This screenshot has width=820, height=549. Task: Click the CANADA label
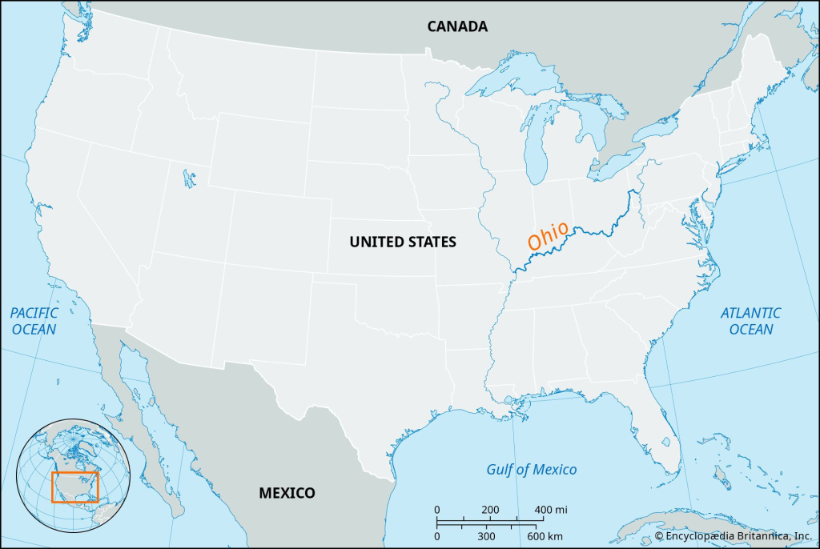[x=457, y=26]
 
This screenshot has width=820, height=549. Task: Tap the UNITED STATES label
[x=403, y=242]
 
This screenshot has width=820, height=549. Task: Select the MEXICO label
[x=287, y=493]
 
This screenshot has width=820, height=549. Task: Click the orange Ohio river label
[x=548, y=234]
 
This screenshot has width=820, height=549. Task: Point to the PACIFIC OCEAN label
[x=34, y=321]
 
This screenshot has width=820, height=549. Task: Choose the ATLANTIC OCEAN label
[x=750, y=321]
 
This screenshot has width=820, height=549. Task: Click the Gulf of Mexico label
[x=532, y=469]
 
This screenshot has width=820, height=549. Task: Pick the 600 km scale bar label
[x=545, y=535]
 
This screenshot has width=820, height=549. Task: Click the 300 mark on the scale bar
[x=486, y=535]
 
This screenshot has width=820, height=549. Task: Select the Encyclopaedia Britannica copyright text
[x=734, y=535]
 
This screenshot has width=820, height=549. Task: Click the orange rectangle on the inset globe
[x=74, y=487]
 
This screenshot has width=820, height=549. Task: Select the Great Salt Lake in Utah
[x=187, y=177]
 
